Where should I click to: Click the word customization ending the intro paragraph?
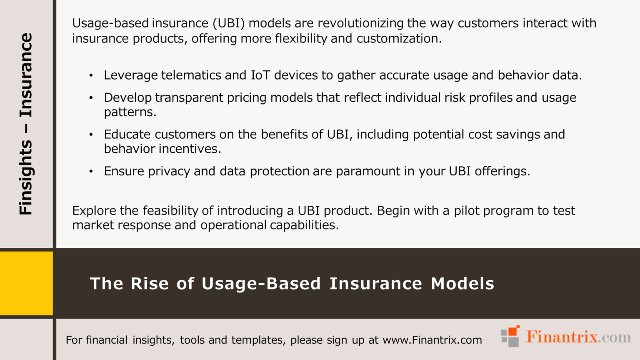(x=399, y=38)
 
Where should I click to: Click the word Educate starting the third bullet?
(x=127, y=134)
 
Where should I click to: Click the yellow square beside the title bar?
(x=26, y=283)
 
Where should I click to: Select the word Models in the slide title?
(x=462, y=284)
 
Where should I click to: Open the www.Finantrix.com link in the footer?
(x=432, y=340)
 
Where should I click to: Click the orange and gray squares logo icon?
(x=510, y=336)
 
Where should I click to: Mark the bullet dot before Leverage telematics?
(x=91, y=75)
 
